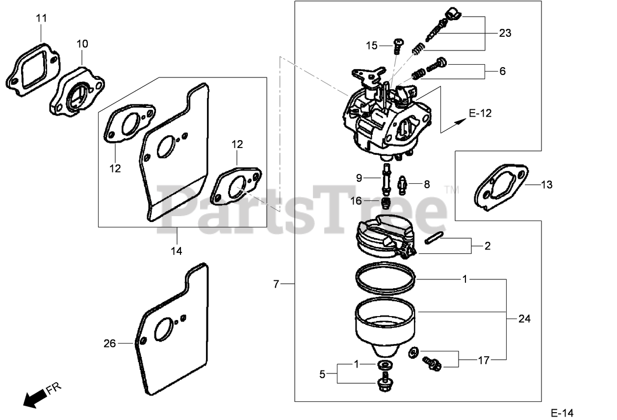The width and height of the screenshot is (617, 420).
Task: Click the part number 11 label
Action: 42,18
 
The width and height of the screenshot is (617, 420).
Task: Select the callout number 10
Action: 82,44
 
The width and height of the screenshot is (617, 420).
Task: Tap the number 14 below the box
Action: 177,251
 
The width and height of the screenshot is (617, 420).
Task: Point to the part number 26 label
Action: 110,344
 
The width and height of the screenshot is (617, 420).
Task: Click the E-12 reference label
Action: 480,113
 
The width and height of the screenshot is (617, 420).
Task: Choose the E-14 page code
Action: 561,413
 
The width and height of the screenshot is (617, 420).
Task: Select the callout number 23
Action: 505,33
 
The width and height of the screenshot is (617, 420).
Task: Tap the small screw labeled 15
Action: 397,45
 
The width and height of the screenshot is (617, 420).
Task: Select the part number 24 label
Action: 524,319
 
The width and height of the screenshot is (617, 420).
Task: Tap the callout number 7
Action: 276,284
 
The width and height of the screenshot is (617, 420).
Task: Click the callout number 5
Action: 322,374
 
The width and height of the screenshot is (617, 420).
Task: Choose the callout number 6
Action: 502,71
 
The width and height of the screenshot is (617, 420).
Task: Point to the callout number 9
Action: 359,178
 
